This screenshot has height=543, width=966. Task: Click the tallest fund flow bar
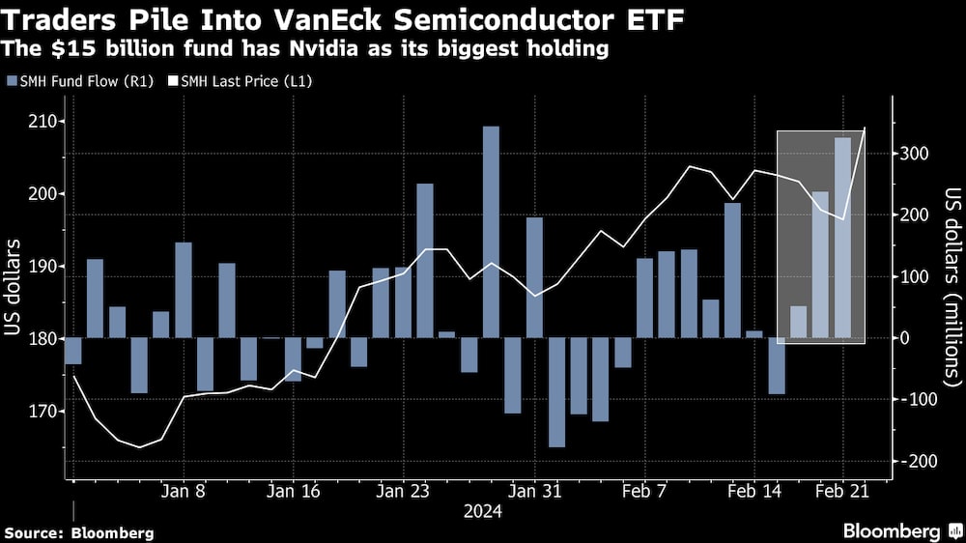click(491, 232)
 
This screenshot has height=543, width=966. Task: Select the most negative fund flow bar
click(556, 392)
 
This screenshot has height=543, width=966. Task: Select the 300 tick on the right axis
click(915, 154)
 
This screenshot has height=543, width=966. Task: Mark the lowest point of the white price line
click(139, 447)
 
